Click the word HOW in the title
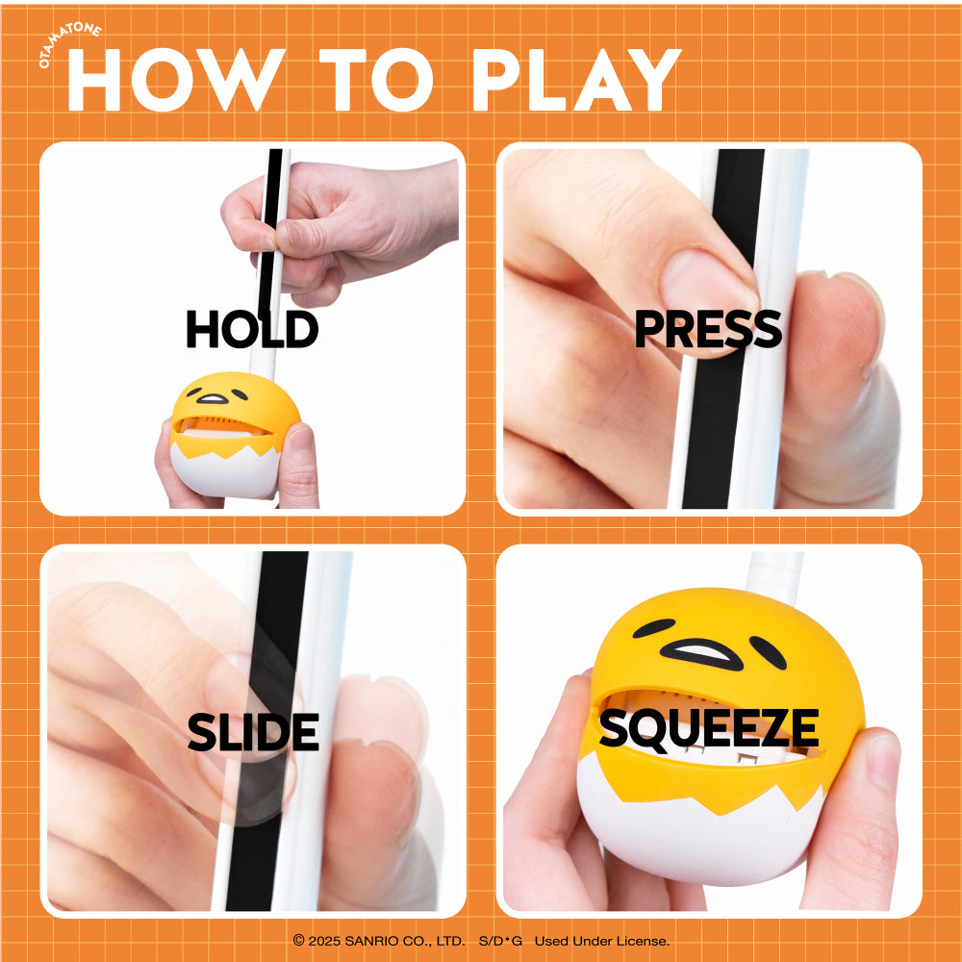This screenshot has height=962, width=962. pyautogui.click(x=177, y=79)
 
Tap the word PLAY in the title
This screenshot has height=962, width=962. pyautogui.click(x=576, y=79)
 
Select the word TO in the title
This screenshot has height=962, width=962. pyautogui.click(x=376, y=79)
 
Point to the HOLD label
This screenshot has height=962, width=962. pyautogui.click(x=252, y=329)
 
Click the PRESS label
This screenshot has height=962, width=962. pyautogui.click(x=708, y=329)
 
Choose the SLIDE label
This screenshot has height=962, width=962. pyautogui.click(x=253, y=732)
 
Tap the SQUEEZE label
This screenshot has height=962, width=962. pyautogui.click(x=709, y=729)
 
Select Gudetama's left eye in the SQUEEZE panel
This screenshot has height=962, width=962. pyautogui.click(x=653, y=627)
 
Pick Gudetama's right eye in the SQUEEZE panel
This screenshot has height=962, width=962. pyautogui.click(x=768, y=652)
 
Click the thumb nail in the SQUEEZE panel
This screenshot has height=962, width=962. pyautogui.click(x=883, y=761)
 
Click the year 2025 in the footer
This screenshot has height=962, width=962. pyautogui.click(x=324, y=941)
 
